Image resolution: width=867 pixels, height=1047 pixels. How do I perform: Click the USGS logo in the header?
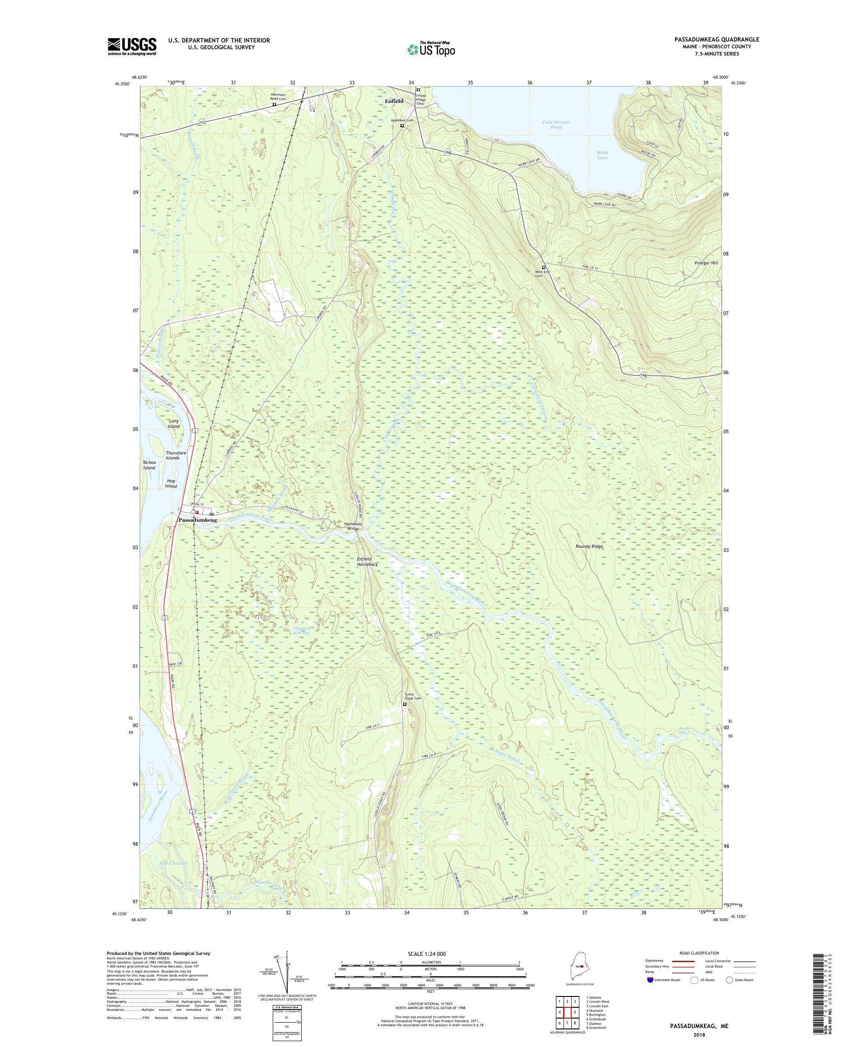pos(132,47)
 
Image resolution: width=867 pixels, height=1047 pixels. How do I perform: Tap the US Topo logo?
pos(431,49)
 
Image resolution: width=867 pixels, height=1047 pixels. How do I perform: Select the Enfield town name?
pos(394,101)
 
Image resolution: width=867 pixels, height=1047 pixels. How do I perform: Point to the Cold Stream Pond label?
pos(556,124)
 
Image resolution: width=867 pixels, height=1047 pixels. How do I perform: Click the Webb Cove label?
pos(602,155)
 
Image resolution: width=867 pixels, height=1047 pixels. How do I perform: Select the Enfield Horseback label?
pos(367,562)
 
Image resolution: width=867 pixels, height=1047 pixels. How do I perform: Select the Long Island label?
pos(173,424)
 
